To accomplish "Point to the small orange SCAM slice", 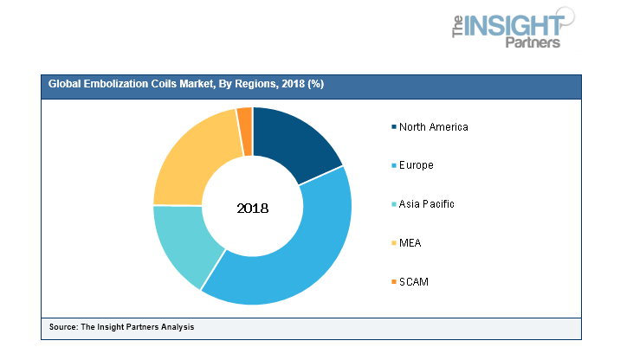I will point(245,128).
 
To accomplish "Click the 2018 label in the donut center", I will point(252,209).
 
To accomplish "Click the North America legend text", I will point(433,127).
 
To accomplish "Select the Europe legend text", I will point(416,165).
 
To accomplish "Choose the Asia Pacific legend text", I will point(426,204).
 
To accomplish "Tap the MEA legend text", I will point(410,243).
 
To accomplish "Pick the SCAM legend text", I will point(413,281).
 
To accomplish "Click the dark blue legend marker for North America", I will point(391,127).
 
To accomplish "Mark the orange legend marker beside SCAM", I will point(391,281).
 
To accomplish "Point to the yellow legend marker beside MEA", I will point(391,243).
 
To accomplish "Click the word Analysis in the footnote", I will point(175,326).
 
